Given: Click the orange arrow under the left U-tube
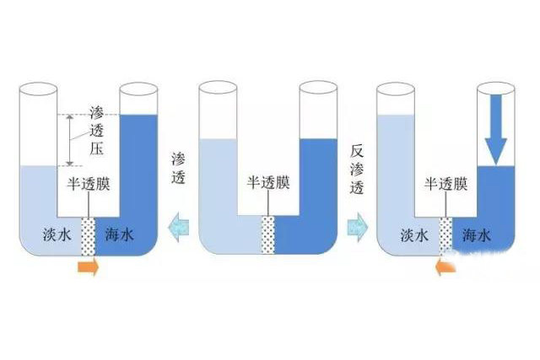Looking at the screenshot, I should [x=88, y=268].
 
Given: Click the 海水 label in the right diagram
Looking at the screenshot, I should [x=477, y=236].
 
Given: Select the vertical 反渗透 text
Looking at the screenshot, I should [x=357, y=169].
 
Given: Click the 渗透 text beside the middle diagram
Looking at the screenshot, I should [x=178, y=169].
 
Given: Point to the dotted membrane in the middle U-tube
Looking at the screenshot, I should [x=268, y=234].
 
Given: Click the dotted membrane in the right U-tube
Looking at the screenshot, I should [x=446, y=238].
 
